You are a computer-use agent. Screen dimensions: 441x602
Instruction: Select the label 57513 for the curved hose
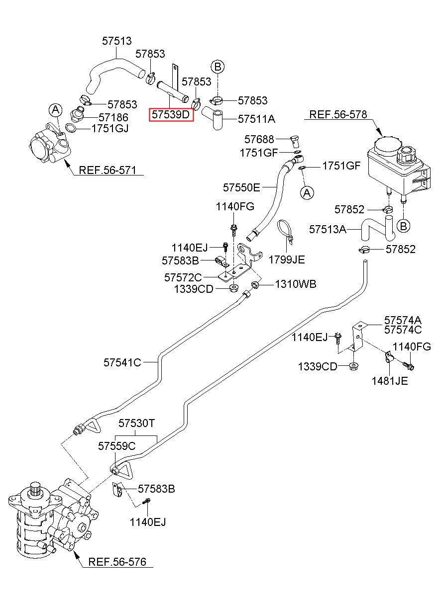coord(117,41)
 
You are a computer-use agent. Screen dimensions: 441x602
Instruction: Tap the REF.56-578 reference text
coord(338,114)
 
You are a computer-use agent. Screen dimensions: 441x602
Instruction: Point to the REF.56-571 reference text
coord(108,170)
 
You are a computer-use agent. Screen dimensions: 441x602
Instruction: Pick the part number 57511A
coord(256,118)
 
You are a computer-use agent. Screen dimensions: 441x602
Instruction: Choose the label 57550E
coord(241,187)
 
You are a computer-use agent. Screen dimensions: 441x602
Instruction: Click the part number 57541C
coord(122,362)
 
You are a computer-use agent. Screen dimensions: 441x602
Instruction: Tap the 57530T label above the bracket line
coord(137,423)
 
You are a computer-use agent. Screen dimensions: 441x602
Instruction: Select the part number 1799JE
coord(287,259)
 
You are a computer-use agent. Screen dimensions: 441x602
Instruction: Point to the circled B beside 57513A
coord(403,226)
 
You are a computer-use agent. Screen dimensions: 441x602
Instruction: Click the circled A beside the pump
coord(55,110)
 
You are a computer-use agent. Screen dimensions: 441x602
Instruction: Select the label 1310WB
coord(296,284)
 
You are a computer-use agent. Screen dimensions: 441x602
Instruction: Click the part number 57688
coord(259,139)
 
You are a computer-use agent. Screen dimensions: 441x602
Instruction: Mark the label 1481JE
coord(390,381)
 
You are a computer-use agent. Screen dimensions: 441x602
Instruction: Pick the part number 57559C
coord(117,446)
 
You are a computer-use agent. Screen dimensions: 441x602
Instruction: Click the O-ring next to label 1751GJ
coord(71,128)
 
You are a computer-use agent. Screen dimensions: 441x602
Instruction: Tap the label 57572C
coord(183,277)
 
